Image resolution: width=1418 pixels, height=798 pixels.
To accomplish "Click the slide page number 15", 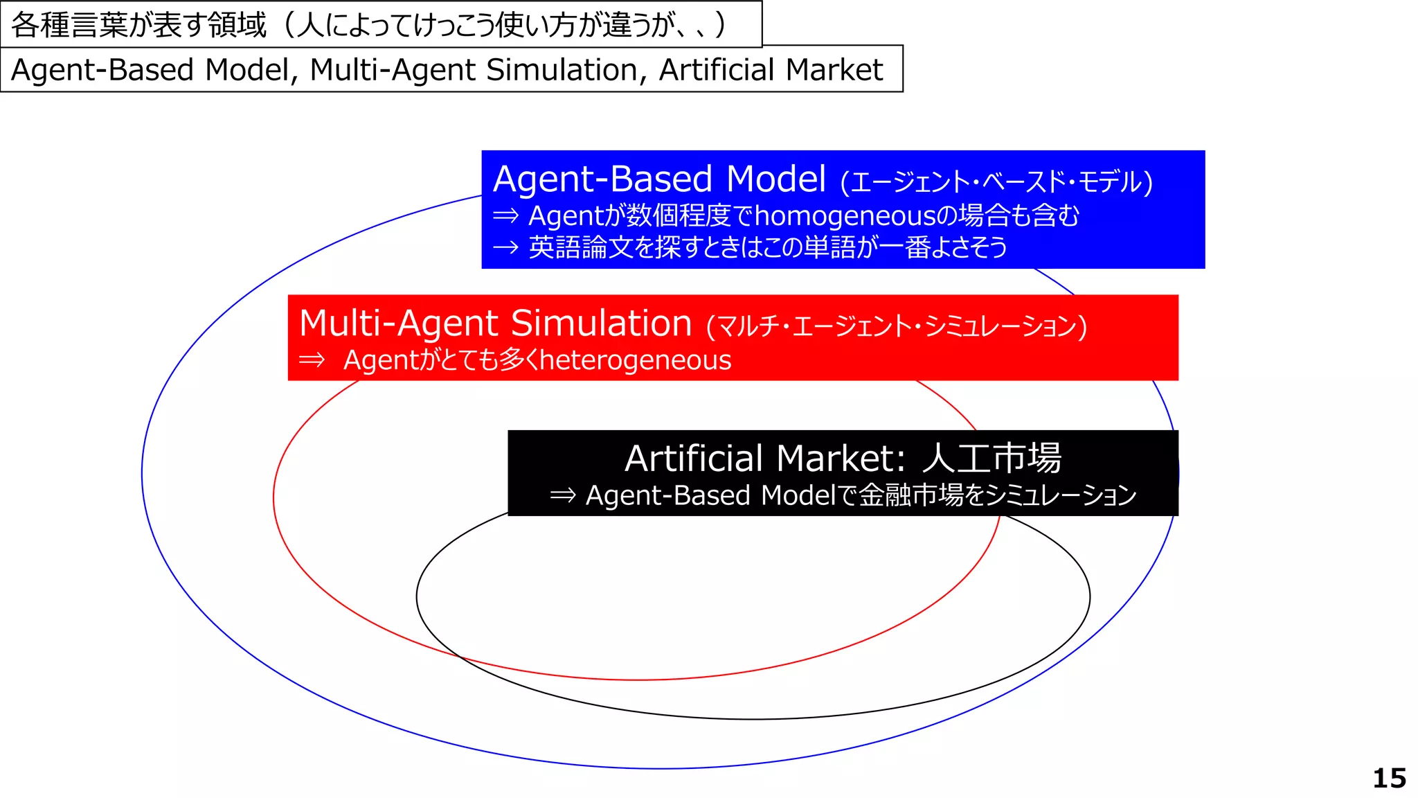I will tap(1389, 778).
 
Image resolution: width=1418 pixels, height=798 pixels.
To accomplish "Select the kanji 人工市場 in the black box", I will tap(991, 458).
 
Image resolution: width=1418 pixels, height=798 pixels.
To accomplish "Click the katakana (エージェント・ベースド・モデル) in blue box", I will tap(996, 182).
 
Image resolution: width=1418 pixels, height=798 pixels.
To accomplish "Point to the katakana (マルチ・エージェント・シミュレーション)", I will tap(897, 326).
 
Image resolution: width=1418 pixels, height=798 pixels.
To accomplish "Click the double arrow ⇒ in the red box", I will tap(312, 360).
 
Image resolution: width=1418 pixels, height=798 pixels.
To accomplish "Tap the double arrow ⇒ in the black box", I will tap(562, 495).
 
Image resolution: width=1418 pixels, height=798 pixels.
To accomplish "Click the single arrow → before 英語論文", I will tap(505, 247).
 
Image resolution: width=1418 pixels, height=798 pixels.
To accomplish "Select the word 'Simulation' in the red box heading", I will tap(601, 323).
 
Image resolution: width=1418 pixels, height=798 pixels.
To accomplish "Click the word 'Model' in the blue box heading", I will tap(776, 179).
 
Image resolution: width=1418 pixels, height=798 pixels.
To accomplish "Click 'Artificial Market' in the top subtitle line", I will tap(771, 70).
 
